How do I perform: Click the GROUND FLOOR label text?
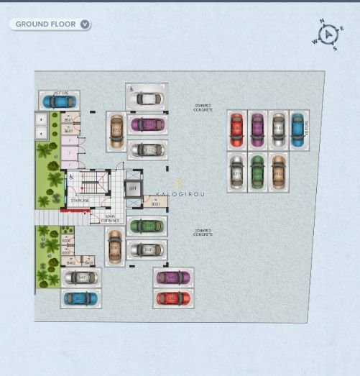[46, 24]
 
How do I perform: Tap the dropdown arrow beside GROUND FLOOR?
[85, 24]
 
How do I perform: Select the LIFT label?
[132, 188]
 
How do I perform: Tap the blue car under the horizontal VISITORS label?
[59, 102]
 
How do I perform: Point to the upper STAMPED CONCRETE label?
[203, 108]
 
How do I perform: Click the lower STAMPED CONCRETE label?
[203, 232]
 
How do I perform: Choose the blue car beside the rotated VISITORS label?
[297, 130]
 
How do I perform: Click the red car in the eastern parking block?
[236, 130]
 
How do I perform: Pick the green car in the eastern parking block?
[257, 172]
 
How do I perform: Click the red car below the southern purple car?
[172, 298]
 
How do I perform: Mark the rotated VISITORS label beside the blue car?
[307, 130]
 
